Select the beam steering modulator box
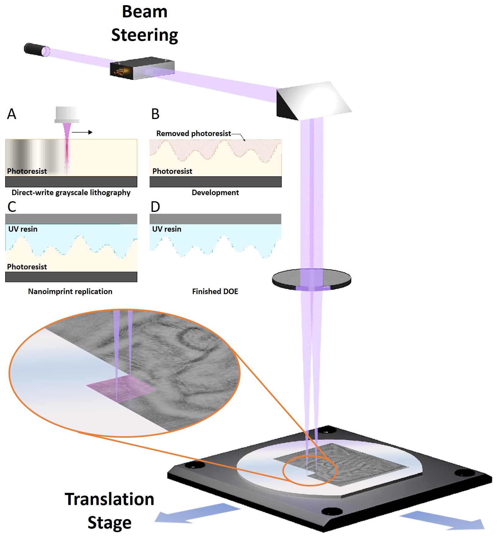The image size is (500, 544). pyautogui.click(x=142, y=68)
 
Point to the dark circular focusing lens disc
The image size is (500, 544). pyautogui.click(x=311, y=279)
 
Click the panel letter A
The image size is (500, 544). pyautogui.click(x=12, y=114)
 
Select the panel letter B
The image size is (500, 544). pyautogui.click(x=155, y=114)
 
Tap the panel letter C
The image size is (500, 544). pyautogui.click(x=12, y=207)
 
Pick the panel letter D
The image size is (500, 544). pyautogui.click(x=155, y=207)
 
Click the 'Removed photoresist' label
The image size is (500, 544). pyautogui.click(x=194, y=133)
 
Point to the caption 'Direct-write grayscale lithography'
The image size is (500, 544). pyautogui.click(x=71, y=192)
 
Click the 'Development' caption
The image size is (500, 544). pyautogui.click(x=215, y=192)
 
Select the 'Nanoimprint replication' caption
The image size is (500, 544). pyautogui.click(x=70, y=291)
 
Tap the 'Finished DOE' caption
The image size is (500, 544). pyautogui.click(x=215, y=291)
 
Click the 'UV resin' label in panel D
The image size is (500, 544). pyautogui.click(x=166, y=229)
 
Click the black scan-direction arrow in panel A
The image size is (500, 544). pyautogui.click(x=82, y=132)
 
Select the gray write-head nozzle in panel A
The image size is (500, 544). pyautogui.click(x=67, y=115)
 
